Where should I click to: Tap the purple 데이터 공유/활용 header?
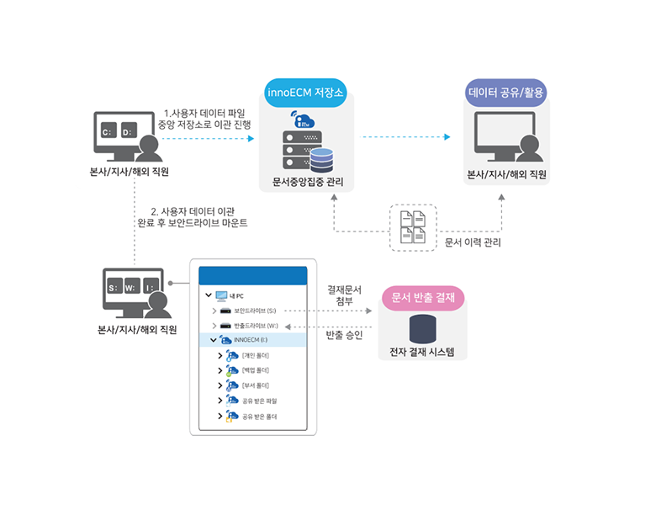click(x=506, y=92)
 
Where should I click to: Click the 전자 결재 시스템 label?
click(x=422, y=352)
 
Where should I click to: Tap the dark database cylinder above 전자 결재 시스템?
click(x=422, y=327)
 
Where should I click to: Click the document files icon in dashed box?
click(x=413, y=226)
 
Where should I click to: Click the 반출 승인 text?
click(x=344, y=335)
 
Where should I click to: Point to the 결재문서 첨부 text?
click(x=344, y=295)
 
